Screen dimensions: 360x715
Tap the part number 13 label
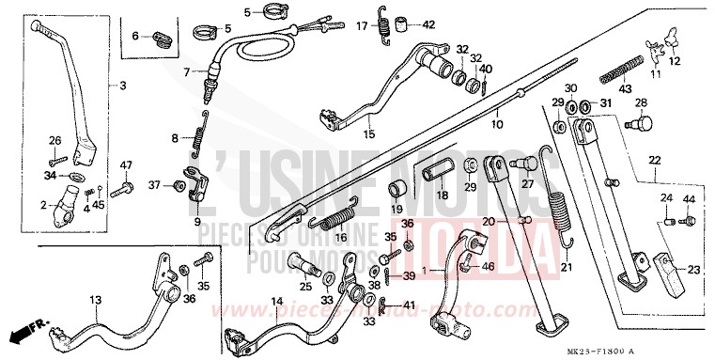coord(95,301)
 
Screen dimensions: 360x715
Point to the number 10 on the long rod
coord(496,123)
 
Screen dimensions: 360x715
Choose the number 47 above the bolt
coord(125,166)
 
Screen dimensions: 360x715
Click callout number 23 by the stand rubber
coord(693,270)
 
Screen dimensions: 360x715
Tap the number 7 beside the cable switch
coord(187,70)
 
